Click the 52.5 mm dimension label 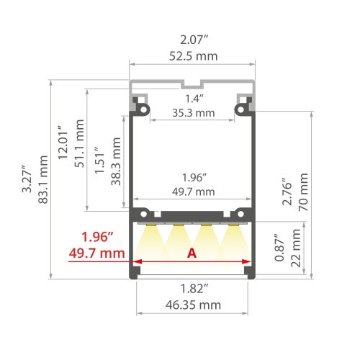click(194, 56)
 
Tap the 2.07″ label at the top click(194, 40)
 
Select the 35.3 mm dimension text click(194, 113)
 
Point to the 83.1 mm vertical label click(43, 179)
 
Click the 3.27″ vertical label click(27, 179)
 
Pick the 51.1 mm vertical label click(79, 143)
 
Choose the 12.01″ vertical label click(63, 143)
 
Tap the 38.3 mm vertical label click(116, 161)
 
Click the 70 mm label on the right click(303, 192)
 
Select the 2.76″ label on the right click(287, 192)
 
